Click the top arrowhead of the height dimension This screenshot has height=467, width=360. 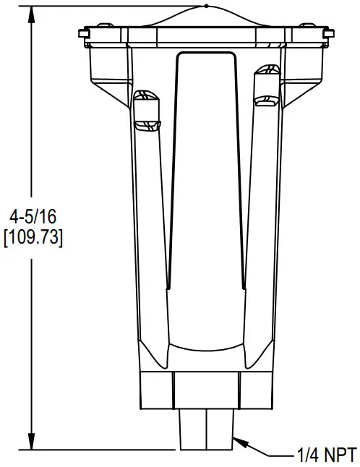click(32, 11)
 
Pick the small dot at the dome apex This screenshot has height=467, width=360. click(206, 6)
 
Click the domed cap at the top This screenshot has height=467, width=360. click(206, 18)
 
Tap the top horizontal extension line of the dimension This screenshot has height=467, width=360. click(108, 6)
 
